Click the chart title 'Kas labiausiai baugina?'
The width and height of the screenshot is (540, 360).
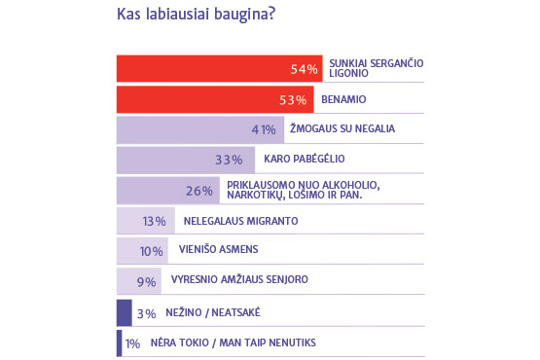(196, 15)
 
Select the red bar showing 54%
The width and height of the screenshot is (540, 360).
(219, 68)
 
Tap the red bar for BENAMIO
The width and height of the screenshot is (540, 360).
(215, 99)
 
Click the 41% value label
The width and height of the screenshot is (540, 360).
(264, 129)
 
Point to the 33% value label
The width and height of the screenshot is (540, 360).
(229, 160)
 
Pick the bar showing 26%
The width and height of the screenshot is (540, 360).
(168, 191)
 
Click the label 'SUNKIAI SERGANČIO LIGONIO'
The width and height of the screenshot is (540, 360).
(377, 68)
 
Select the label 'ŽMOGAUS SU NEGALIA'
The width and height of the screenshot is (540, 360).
(342, 128)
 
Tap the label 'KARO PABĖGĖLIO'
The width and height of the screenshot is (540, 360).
(305, 159)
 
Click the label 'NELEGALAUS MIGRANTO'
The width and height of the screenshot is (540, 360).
(240, 221)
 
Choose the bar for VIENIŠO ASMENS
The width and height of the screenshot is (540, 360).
(142, 250)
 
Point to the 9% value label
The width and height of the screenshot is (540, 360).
(147, 282)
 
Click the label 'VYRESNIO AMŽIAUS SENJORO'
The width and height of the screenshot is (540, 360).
(239, 279)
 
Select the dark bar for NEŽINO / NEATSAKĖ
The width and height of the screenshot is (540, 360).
(124, 312)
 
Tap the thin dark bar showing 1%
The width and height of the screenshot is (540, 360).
(119, 343)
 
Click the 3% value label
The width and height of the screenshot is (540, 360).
(147, 314)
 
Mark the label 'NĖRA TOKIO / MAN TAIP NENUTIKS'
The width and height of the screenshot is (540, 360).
(234, 342)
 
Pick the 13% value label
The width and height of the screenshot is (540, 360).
(155, 221)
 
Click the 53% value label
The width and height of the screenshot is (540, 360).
(293, 100)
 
